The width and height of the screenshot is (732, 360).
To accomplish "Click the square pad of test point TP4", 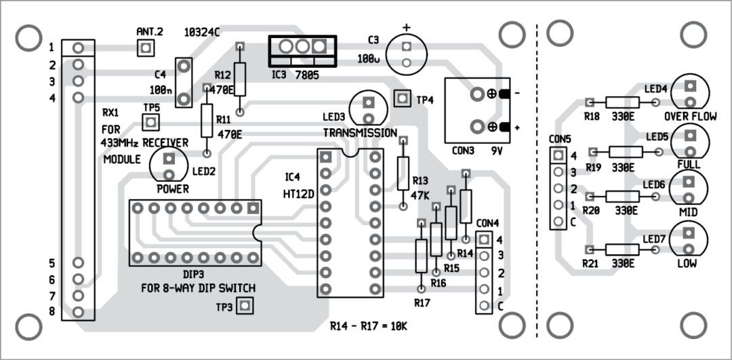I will pyautogui.click(x=403, y=98).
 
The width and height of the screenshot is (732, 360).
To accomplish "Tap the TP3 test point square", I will pyautogui.click(x=245, y=306).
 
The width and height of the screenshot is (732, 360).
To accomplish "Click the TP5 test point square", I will pyautogui.click(x=150, y=122).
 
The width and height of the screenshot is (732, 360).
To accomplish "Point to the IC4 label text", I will pyautogui.click(x=291, y=178).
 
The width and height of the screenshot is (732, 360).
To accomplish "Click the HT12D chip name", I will pyautogui.click(x=298, y=193).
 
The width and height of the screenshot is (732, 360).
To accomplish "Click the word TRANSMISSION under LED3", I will pyautogui.click(x=359, y=133).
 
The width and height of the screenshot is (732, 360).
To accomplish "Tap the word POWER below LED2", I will pyautogui.click(x=173, y=188).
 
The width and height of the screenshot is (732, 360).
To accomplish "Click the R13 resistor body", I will pyautogui.click(x=403, y=173).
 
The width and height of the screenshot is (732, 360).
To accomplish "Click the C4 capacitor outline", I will pyautogui.click(x=183, y=83).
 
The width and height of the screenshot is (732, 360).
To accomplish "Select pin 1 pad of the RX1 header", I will pyautogui.click(x=79, y=47).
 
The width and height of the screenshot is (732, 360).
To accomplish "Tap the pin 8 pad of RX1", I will pyautogui.click(x=79, y=313).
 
